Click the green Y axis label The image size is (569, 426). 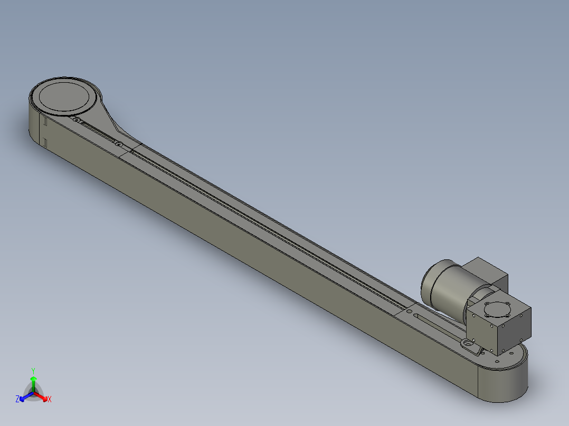pyautogui.click(x=33, y=370)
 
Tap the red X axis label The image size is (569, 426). pyautogui.click(x=50, y=400)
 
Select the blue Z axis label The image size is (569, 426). pyautogui.click(x=17, y=400)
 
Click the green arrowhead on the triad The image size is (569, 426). pyautogui.click(x=33, y=379)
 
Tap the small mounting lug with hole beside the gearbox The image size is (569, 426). pyautogui.click(x=467, y=343)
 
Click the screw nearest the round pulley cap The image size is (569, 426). pyautogui.click(x=77, y=121)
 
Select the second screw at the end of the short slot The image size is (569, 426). pyautogui.click(x=119, y=143)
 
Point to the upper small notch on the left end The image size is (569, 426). pyautogui.click(x=45, y=122)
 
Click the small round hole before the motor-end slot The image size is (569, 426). pyautogui.click(x=410, y=312)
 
